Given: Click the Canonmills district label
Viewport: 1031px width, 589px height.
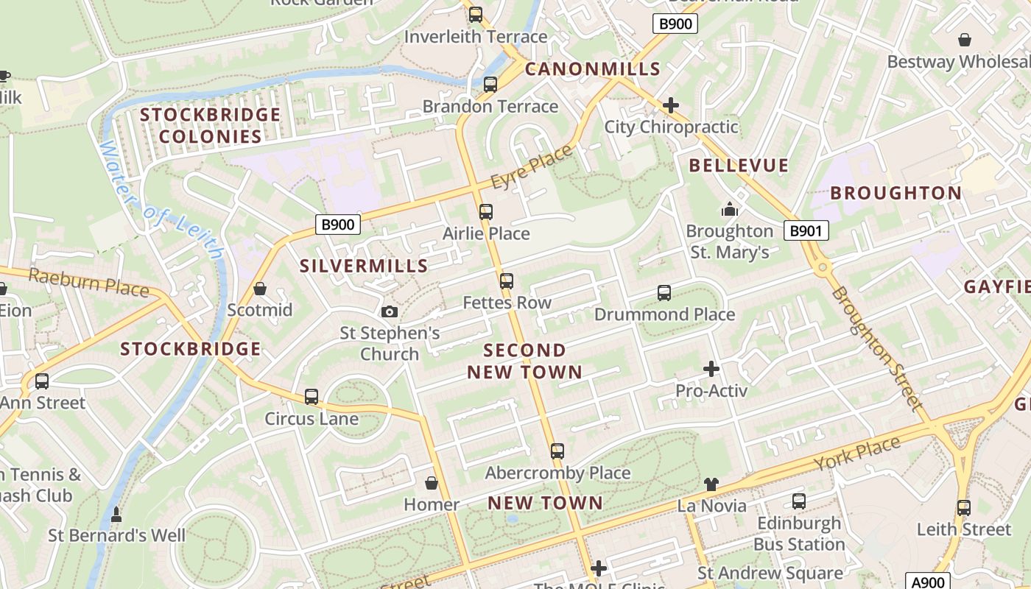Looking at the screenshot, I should pos(592,69).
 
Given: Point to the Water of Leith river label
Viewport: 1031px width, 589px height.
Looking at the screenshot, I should pos(161,199).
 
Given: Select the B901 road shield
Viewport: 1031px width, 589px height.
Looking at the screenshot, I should pos(806,231).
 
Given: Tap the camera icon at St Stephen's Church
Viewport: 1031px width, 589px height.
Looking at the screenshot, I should pos(390,312).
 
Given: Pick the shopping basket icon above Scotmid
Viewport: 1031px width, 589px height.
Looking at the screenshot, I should pos(259,289).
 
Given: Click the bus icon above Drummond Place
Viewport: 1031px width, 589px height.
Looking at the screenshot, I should pos(664,293).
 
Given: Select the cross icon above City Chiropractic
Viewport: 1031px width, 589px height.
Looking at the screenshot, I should pos(670,105).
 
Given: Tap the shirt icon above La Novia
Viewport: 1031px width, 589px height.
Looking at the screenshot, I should pos(711,484).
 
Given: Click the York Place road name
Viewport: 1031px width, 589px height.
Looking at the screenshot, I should pos(857,454).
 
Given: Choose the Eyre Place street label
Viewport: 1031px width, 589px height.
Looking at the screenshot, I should pos(532,166).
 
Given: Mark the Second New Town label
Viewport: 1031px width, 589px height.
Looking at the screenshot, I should pos(524,361).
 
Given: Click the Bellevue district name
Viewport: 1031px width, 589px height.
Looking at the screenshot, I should pos(739,166).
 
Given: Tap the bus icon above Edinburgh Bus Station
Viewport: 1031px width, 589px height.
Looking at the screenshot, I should pos(799,502).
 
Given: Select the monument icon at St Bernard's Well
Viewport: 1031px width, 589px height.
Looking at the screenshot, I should pos(116,515).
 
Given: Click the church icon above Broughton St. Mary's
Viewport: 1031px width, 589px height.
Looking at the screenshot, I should pos(730,210).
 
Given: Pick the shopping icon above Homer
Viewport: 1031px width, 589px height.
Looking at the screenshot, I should pos(432,483).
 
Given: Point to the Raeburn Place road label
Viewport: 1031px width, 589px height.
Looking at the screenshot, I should pos(88,283).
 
